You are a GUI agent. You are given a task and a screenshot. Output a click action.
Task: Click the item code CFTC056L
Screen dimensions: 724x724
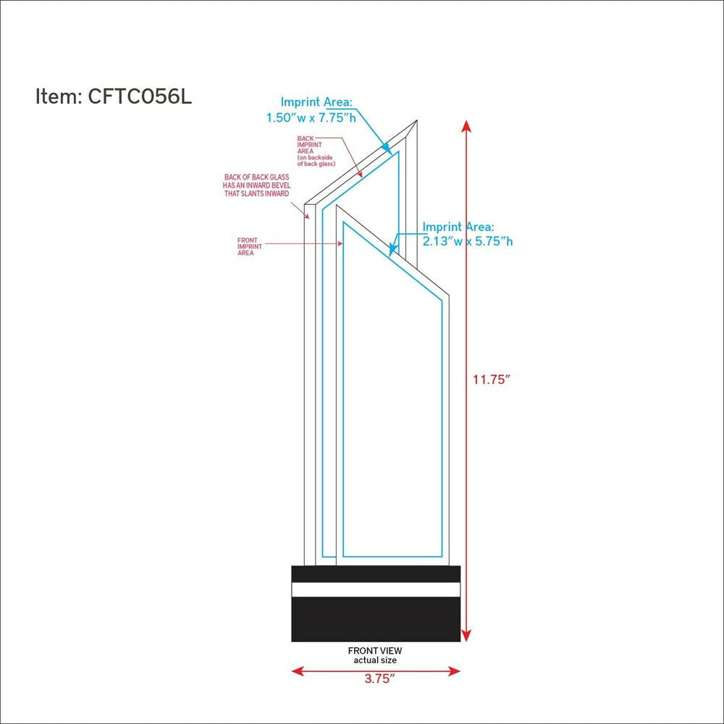(140, 96)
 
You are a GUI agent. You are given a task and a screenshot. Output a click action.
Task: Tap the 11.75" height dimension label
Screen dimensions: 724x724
(492, 379)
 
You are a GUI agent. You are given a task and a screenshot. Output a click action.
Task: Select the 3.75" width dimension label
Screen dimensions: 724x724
(380, 678)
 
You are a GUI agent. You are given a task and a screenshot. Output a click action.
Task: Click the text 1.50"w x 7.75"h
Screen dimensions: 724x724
(311, 118)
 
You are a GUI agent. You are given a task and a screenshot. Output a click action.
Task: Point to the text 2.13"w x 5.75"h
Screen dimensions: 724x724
(468, 241)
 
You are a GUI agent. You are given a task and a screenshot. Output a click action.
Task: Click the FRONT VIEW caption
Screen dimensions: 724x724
(375, 651)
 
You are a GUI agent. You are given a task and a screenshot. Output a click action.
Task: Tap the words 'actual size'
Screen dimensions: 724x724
(375, 660)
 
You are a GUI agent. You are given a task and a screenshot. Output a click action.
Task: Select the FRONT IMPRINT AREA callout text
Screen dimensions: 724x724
(249, 247)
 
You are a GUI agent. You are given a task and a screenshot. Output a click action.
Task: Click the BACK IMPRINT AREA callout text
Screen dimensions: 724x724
(316, 151)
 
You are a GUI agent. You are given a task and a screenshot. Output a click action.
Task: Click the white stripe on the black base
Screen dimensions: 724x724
(376, 589)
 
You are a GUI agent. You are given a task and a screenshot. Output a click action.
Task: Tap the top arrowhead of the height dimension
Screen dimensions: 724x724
(466, 125)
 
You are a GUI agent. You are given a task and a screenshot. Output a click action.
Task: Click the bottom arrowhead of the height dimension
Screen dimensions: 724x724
(466, 636)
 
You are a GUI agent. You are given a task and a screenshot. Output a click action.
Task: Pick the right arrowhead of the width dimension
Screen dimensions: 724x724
(455, 671)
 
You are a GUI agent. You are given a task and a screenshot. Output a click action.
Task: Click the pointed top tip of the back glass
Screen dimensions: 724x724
(417, 121)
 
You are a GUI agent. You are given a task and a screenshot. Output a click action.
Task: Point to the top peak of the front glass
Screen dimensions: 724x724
(337, 205)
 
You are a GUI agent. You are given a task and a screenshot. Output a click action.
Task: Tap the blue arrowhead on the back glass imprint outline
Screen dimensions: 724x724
(387, 148)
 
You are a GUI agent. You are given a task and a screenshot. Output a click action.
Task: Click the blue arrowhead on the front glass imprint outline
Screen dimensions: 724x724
(392, 250)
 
